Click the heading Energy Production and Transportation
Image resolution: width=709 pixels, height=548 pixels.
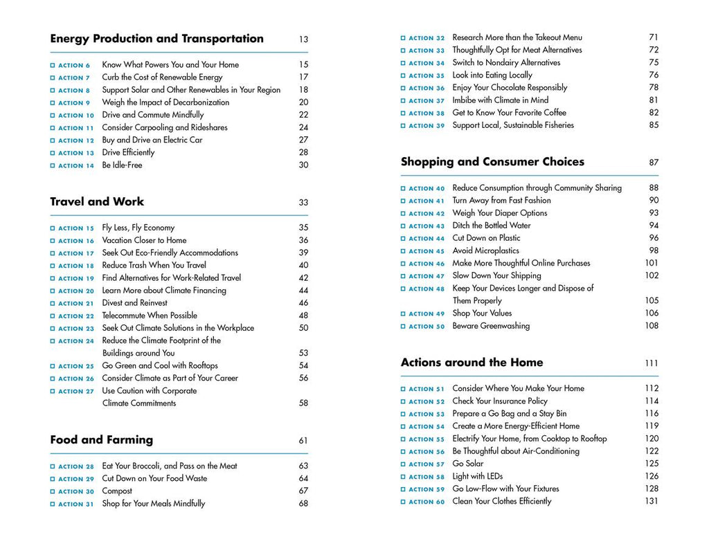coord(156,39)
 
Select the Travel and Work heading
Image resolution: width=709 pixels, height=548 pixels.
coord(97,202)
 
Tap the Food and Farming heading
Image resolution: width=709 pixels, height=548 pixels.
coord(101,440)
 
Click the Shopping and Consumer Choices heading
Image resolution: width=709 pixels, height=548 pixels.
coord(492,162)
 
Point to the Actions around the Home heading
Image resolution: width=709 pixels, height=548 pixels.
coord(472,363)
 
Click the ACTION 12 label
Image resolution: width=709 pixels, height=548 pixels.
coord(76,140)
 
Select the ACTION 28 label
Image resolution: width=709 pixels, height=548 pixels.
coord(76,467)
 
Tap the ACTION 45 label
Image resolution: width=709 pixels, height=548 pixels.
coord(427,251)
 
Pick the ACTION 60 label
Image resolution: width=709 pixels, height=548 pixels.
coord(427,502)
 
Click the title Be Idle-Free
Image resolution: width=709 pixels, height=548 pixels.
coord(122,165)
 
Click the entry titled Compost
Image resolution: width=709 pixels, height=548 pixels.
coord(117,491)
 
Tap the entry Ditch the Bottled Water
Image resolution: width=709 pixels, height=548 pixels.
coord(492,226)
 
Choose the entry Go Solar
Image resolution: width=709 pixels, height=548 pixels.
coord(468,464)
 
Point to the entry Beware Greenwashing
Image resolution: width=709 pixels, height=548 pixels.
coord(491,326)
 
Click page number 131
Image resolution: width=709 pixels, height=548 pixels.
coord(651,502)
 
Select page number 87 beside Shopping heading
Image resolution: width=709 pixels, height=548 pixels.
coord(654,163)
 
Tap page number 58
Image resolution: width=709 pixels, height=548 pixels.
coord(303,403)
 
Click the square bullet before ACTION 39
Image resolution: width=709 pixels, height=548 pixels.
coord(403,126)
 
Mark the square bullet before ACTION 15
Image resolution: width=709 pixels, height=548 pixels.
coord(53,228)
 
